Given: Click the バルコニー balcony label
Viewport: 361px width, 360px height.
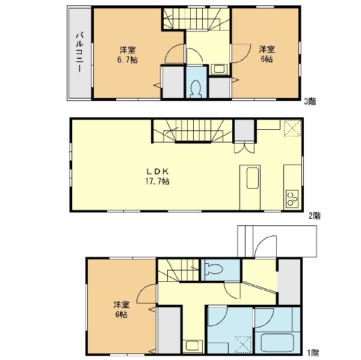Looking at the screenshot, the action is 80,52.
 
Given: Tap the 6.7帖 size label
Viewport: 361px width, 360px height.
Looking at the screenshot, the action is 128,60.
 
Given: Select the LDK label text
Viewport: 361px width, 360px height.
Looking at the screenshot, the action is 158,171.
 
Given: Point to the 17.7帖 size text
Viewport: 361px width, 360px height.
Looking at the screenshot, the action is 158,182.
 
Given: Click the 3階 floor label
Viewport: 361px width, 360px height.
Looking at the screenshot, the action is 310,102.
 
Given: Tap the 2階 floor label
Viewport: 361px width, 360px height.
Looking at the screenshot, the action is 315,216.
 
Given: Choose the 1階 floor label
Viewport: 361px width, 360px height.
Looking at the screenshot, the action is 313,353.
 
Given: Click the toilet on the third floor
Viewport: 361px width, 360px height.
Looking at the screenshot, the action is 196,89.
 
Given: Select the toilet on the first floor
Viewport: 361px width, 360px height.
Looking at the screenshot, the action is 214,269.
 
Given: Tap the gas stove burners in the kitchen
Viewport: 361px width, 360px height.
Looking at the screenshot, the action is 292,199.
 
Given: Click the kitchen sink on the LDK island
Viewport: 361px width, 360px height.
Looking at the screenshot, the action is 253,178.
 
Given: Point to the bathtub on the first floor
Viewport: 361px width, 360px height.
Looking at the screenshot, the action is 277,344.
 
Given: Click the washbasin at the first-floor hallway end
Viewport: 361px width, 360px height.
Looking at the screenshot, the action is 193,346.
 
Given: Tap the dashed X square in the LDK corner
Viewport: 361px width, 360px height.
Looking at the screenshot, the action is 292,128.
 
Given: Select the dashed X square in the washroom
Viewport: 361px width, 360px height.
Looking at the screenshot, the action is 243,345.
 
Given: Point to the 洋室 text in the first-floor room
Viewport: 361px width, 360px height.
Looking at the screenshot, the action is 122,305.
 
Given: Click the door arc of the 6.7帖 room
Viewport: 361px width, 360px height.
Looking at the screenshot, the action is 170,49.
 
